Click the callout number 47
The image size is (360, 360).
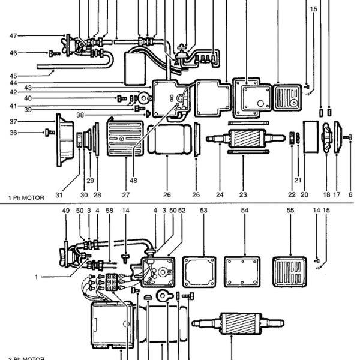coord(13,36)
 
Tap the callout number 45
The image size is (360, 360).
coord(13,76)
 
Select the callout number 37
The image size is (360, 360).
coord(13,121)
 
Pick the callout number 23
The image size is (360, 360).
coord(243,194)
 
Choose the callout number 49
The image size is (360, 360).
coord(66,211)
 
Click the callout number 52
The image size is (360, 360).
coord(182,211)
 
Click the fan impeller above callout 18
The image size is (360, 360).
coord(326,140)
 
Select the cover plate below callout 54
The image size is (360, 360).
coord(244,270)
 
